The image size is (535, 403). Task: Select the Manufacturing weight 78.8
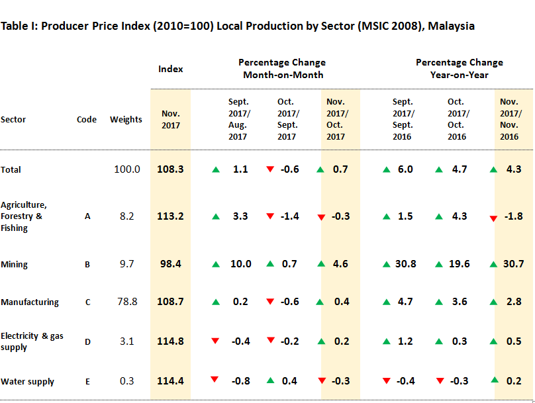tap(126, 302)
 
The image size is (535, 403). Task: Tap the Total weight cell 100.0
tap(126, 169)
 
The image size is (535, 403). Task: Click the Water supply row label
tap(28, 382)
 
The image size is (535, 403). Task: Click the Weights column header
tap(126, 120)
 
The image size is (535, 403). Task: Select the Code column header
tap(87, 120)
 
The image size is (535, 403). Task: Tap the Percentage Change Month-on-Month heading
tap(283, 69)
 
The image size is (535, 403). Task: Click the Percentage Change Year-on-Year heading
tap(460, 69)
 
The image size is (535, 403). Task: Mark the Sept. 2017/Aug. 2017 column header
tap(238, 119)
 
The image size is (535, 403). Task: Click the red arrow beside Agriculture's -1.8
tap(493, 218)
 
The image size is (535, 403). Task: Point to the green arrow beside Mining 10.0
tap(215, 265)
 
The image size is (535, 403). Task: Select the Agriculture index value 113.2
tap(170, 216)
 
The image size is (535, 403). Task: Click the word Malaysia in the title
tap(452, 26)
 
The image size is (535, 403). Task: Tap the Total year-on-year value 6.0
tap(405, 169)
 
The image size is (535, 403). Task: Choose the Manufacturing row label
tap(30, 302)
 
